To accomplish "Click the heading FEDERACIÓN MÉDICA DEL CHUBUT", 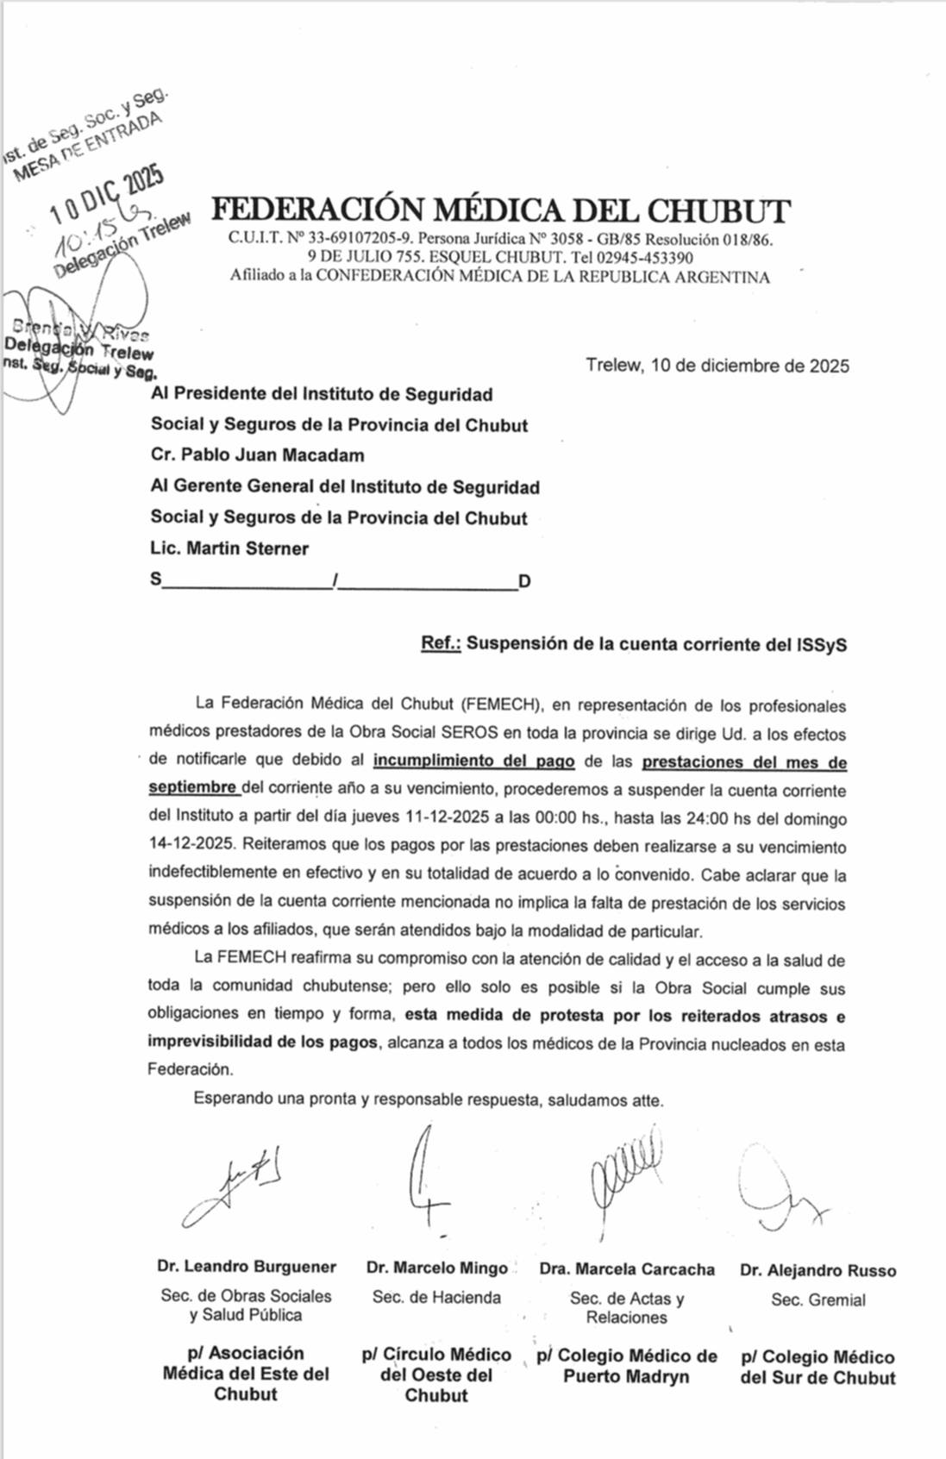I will [x=501, y=211].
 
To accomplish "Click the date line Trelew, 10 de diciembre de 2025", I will [x=717, y=366].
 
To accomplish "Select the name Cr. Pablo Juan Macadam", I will [x=257, y=455].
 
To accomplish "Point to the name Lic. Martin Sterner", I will [x=229, y=548].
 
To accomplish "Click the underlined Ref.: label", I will [x=441, y=644].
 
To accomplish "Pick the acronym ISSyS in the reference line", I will [x=822, y=645].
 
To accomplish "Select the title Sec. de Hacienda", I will [x=436, y=1297].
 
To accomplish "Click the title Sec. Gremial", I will [x=818, y=1300].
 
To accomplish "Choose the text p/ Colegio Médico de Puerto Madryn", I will [x=627, y=1366].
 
